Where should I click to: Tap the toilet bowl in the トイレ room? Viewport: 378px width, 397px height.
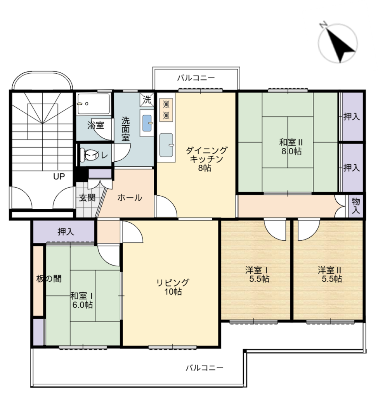coord(89,155)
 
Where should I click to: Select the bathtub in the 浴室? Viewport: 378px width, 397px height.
coord(94,104)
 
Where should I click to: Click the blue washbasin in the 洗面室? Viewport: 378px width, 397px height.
coord(147,123)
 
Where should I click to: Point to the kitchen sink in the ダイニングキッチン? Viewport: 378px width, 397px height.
coord(167,145)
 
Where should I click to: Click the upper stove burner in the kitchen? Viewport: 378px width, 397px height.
coord(166,104)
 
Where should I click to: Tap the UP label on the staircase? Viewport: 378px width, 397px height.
coord(59,176)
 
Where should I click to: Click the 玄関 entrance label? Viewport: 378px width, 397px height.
coord(87,198)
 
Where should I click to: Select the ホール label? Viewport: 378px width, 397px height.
coord(130,197)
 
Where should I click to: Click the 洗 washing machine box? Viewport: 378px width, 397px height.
coord(147,100)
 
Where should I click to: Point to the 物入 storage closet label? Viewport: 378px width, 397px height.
coord(356,206)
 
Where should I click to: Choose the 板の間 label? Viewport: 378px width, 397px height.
coord(49,279)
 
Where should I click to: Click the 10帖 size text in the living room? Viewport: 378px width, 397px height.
coord(173,292)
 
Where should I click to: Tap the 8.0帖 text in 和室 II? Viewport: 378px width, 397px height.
coord(291,152)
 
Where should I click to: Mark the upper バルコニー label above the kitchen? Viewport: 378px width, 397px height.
coord(196,78)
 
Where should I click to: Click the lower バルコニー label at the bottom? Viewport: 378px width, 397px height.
coord(205,368)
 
